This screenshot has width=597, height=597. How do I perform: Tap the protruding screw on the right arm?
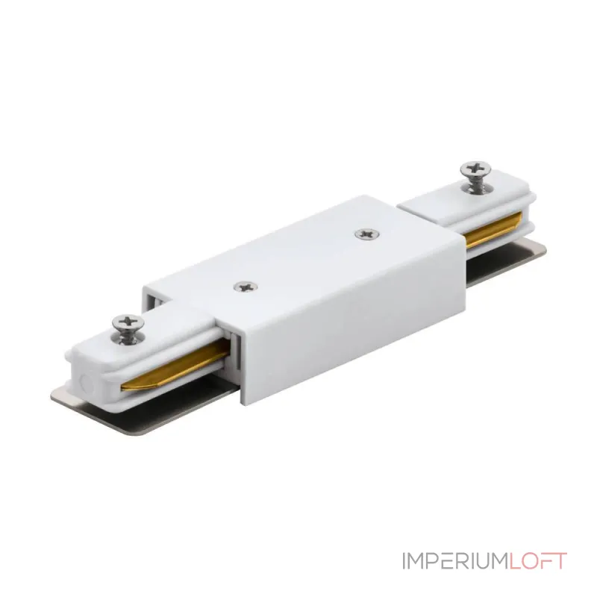click(x=475, y=175)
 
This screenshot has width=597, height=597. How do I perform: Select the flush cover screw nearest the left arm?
click(x=246, y=287)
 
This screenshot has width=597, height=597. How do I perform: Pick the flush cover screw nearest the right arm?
click(x=366, y=234)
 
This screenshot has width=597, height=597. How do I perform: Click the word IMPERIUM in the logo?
click(x=455, y=560)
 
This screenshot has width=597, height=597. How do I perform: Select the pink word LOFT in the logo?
click(x=537, y=560)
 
